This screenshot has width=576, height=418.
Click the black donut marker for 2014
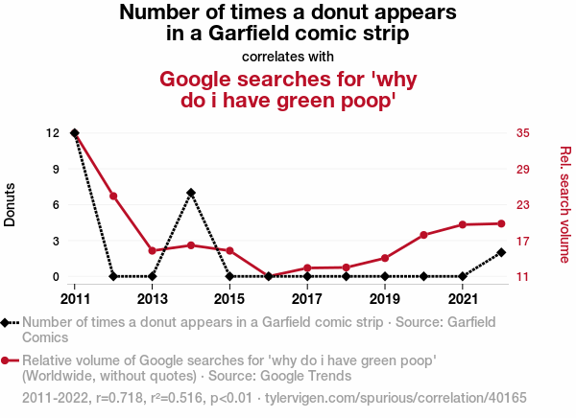pyautogui.click(x=191, y=193)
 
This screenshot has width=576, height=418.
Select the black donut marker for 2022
pyautogui.click(x=502, y=252)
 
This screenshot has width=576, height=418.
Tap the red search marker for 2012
pyautogui.click(x=113, y=197)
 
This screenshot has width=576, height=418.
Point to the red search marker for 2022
pyautogui.click(x=502, y=223)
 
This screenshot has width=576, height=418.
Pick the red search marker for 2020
pyautogui.click(x=424, y=235)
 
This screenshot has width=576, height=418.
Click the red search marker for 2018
pyautogui.click(x=347, y=267)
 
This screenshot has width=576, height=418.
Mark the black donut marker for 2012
pyautogui.click(x=113, y=276)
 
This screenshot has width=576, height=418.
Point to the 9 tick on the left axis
pyautogui.click(x=57, y=169)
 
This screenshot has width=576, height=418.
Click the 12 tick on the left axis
pyautogui.click(x=54, y=132)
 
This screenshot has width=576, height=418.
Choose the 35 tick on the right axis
pyautogui.click(x=523, y=132)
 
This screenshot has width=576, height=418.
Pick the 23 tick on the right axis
pyautogui.click(x=523, y=204)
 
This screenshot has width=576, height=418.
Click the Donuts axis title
pyautogui.click(x=11, y=204)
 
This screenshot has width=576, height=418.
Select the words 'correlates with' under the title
pyautogui.click(x=288, y=56)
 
